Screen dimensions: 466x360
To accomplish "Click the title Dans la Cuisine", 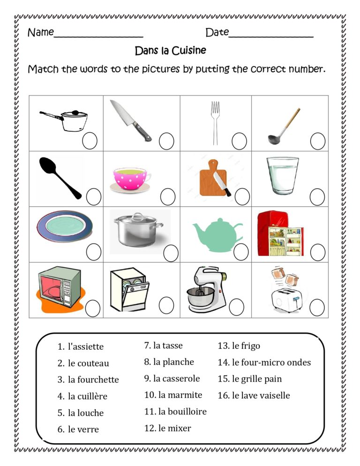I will (170, 50).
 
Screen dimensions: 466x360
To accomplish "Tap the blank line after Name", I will (98, 36).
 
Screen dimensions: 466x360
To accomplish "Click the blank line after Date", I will (271, 36).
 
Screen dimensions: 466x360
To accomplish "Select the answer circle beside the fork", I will (239, 141).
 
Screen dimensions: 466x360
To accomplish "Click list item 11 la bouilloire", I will (175, 412).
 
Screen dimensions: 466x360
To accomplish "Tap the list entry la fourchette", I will (93, 380).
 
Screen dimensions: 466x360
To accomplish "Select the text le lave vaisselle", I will (260, 395).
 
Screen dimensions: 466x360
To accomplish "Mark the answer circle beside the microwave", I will (93, 308).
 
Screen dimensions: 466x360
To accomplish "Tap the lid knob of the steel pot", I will (137, 215).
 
